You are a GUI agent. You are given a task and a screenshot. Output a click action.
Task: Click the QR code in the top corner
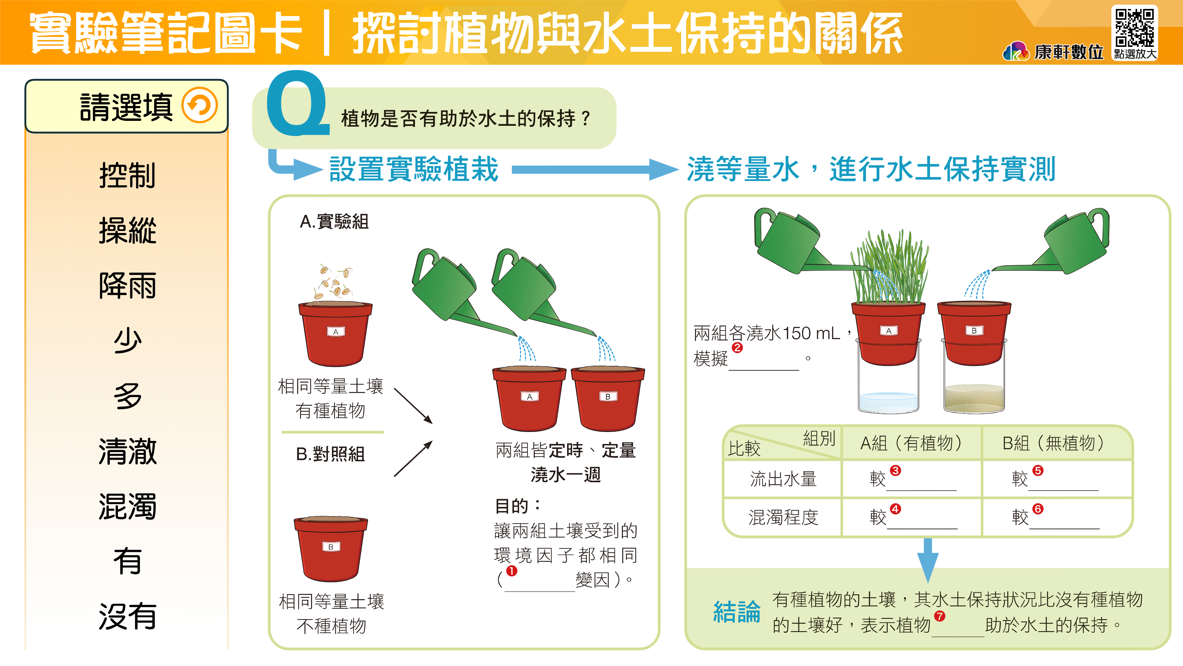pos(1134,27)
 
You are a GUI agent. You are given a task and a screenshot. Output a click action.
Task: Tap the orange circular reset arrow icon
pos(199,105)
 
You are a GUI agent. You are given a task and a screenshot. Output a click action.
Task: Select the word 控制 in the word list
pos(127,175)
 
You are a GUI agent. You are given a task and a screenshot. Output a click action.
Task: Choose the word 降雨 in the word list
pos(127,286)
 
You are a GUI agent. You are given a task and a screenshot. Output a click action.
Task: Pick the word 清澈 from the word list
pos(127,451)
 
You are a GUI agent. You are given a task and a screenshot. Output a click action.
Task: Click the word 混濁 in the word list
pos(127,506)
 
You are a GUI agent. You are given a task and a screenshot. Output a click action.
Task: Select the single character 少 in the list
pos(127,341)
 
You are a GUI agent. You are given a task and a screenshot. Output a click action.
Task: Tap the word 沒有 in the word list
pos(127,616)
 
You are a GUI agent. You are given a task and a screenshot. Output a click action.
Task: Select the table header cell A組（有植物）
pos(911,443)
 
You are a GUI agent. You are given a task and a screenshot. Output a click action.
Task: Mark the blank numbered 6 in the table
pos(1064,519)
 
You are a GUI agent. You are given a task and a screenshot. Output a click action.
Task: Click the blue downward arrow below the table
pos(928,560)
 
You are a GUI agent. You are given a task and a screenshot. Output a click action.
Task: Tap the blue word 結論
pos(737,612)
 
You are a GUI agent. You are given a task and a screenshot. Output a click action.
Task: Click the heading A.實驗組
pos(334,222)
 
